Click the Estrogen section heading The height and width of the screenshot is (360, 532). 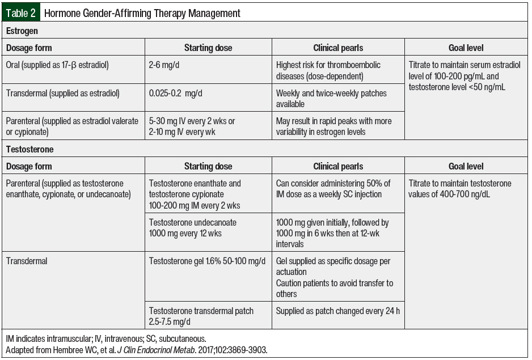pyautogui.click(x=22, y=31)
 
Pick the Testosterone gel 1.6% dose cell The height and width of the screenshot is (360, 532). pyautogui.click(x=207, y=261)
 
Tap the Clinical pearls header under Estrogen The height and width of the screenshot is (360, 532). pyautogui.click(x=338, y=48)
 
